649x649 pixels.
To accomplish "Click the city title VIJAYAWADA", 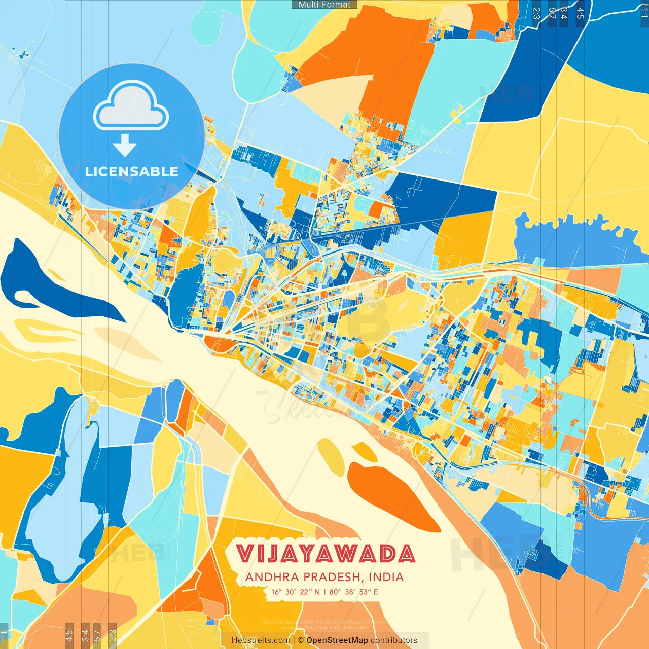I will pos(326,554).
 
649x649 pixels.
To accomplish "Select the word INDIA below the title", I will pos(386,577).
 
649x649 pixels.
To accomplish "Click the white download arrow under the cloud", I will pos(125,146).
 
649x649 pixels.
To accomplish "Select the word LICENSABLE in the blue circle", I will pos(131,171).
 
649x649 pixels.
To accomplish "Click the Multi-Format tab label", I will pos(324,5).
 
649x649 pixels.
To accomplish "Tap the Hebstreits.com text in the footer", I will pos(261,640).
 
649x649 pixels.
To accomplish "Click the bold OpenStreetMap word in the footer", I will pos(337,640).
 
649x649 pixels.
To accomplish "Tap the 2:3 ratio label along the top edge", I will pos(536,13).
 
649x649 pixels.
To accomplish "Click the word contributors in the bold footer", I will pos(394,640).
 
